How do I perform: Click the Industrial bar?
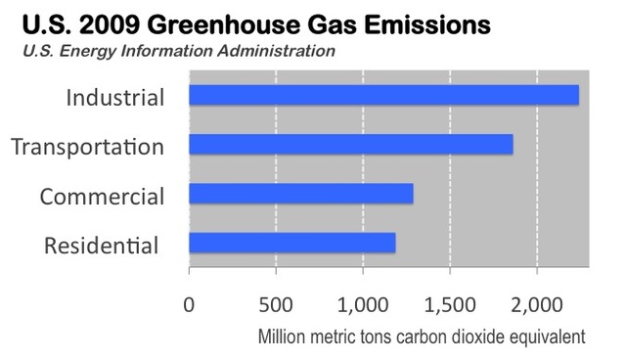coord(383,95)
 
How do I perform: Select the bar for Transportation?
coord(350,144)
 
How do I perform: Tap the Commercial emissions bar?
coord(300,194)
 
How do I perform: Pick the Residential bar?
coord(291,243)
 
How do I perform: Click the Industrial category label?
coord(114,97)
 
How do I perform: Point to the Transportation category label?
coord(87,147)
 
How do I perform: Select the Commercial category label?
coord(102,196)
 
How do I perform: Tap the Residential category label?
coord(102,245)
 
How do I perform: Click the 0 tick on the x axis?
coord(189,302)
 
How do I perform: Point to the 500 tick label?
coord(276,302)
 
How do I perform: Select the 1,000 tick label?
coord(363,302)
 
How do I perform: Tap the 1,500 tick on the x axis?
coord(450,302)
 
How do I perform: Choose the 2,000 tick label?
coord(537,302)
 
